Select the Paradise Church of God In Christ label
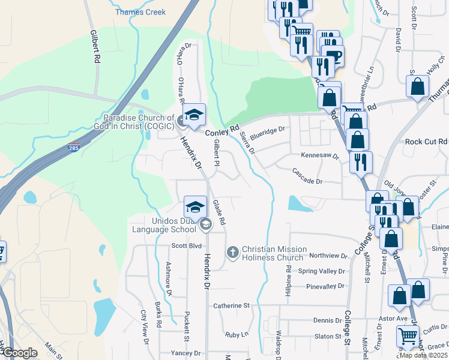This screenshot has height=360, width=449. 139,122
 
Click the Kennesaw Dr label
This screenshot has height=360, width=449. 319,155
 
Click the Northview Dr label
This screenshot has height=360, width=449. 327,256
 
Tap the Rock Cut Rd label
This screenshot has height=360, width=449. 426,142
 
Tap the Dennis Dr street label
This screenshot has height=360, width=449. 327,320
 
